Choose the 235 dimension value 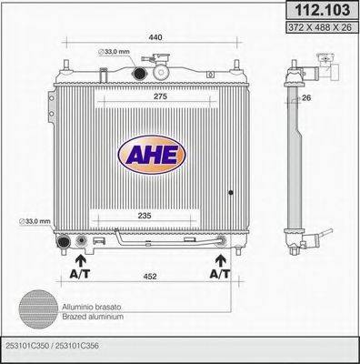pyautogui.click(x=145, y=217)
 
